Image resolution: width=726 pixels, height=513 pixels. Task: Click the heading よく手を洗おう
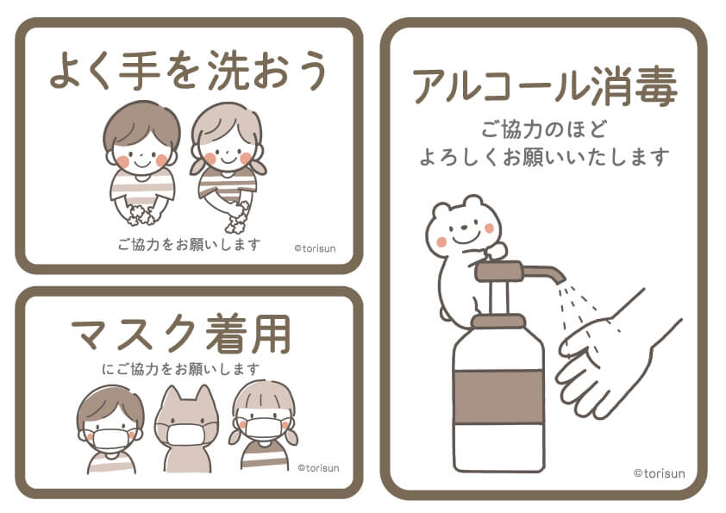pos(189,71)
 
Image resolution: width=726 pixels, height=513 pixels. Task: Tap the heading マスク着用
pos(181,334)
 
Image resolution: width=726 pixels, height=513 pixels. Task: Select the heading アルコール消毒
pos(545,86)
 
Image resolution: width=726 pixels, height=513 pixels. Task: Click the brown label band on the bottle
pos(499,397)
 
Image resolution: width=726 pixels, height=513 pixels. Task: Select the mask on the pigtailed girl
pos(264,429)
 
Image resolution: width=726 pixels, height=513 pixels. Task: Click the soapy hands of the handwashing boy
pos(142,215)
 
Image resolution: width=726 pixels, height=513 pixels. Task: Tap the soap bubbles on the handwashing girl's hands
pos(237,218)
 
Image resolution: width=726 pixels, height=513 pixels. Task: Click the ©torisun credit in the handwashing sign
pos(315,248)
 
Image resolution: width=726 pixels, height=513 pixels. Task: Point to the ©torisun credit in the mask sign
pos(318,468)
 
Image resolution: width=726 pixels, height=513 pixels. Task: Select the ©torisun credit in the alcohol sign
pos(659,473)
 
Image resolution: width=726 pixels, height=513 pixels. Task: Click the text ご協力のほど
pos(545,129)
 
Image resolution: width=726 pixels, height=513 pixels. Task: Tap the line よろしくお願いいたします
pos(545,157)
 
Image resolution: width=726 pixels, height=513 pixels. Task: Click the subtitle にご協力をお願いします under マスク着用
pos(180,369)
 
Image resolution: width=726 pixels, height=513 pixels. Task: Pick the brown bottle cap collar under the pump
pos(498,321)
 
